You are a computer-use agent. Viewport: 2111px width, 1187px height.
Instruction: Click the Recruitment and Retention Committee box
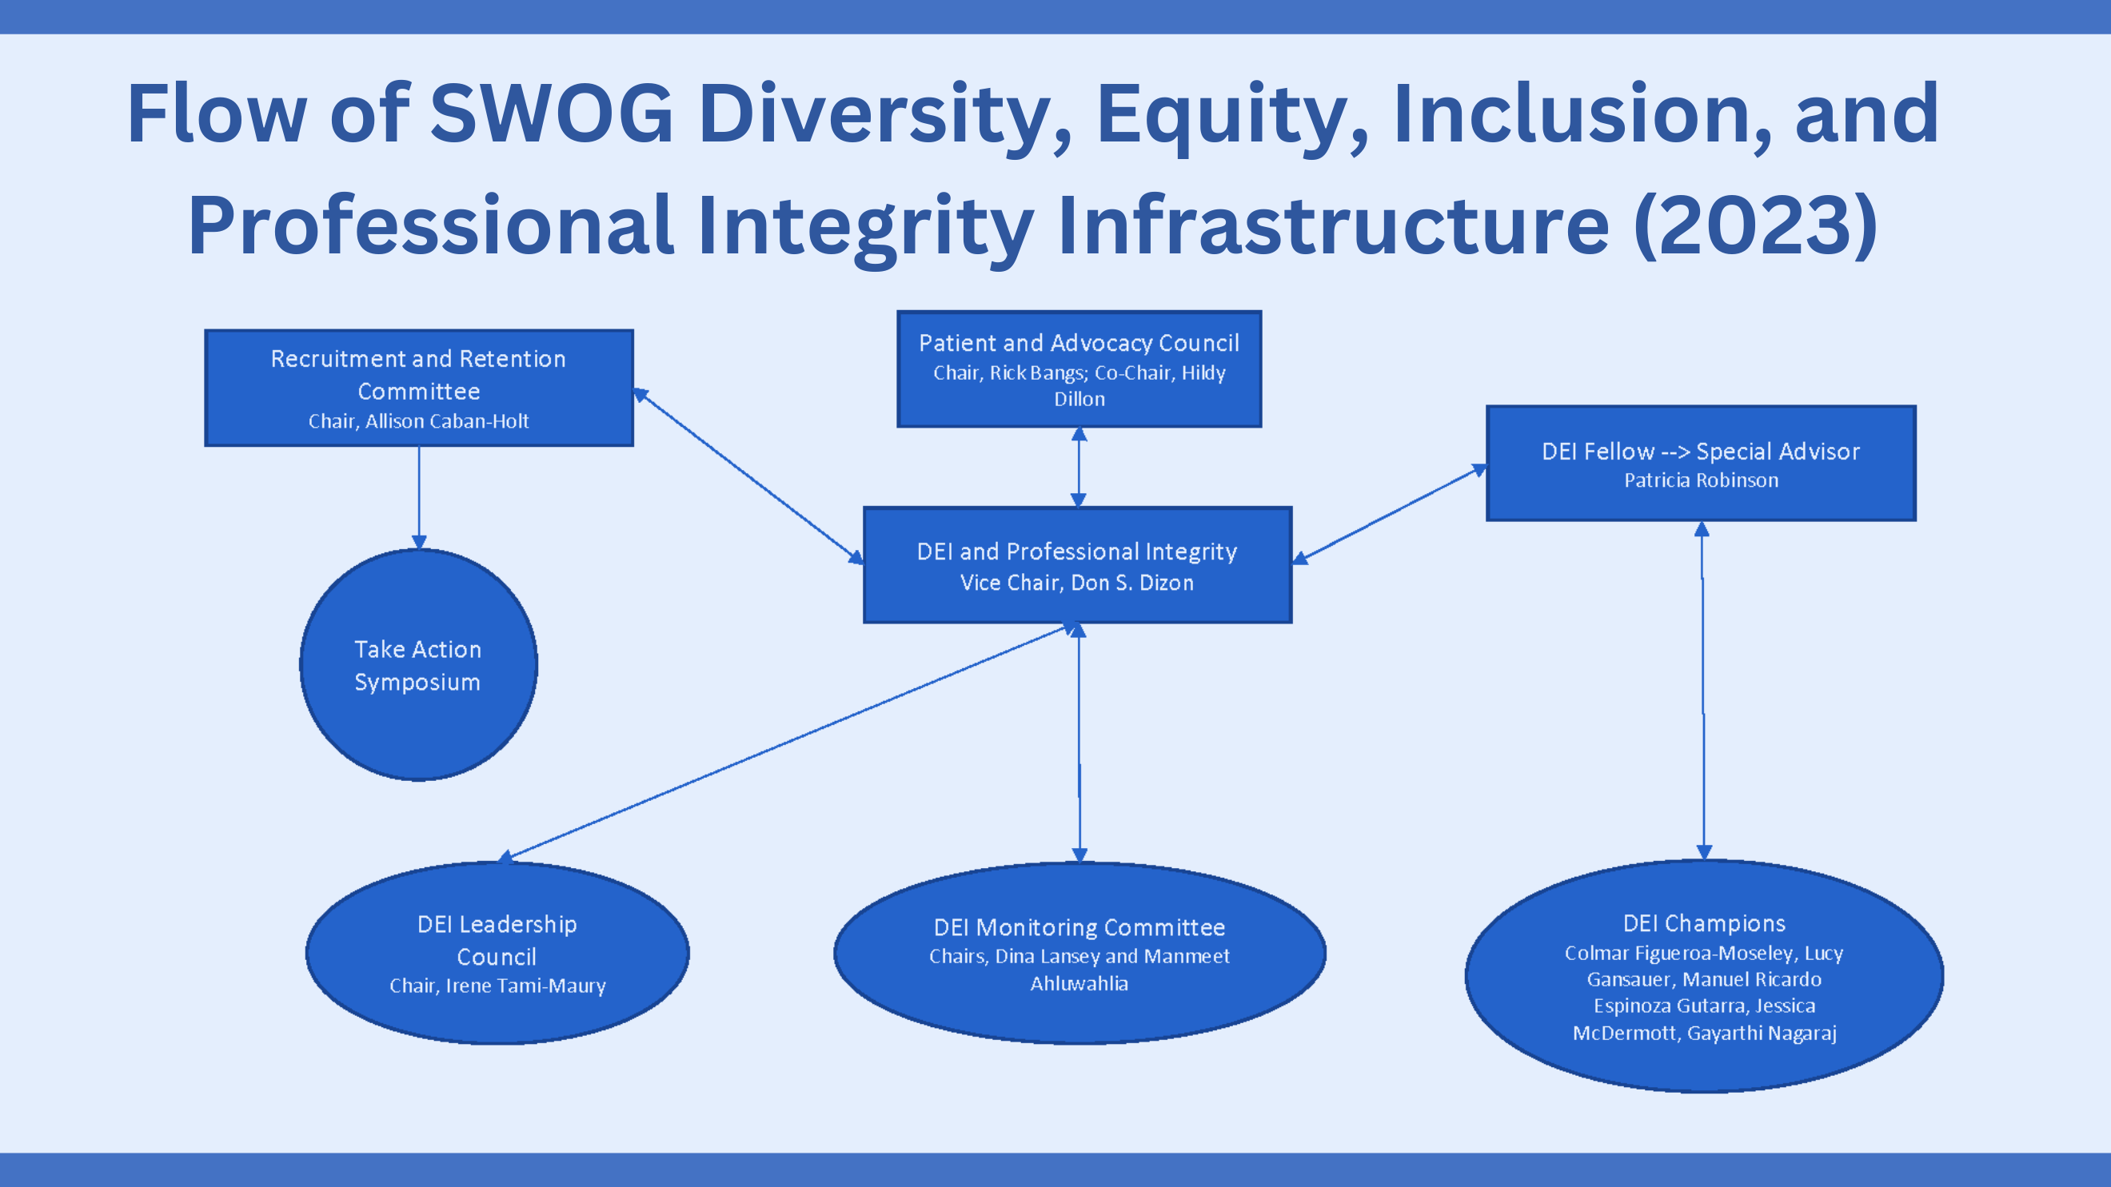tap(419, 388)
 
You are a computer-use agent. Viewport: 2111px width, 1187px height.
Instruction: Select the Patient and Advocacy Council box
tap(1079, 368)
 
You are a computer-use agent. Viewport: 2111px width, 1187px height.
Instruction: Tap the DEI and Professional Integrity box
tap(1078, 565)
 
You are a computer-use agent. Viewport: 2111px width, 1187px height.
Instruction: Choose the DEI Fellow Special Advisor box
tap(1702, 464)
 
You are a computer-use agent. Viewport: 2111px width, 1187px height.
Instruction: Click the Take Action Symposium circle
tap(419, 664)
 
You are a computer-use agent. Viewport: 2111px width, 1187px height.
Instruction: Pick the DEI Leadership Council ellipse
tap(497, 953)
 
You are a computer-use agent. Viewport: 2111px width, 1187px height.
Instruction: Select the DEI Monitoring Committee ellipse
tap(1079, 953)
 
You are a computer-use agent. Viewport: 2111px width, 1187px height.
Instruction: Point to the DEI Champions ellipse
tap(1705, 976)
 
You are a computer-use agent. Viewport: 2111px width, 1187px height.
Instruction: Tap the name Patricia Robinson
tap(1702, 480)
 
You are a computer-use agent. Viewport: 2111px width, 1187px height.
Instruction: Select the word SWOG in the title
tap(552, 114)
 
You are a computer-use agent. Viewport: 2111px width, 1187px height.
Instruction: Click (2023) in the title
tap(1755, 225)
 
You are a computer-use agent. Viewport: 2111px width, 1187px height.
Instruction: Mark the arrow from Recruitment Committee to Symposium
tap(419, 498)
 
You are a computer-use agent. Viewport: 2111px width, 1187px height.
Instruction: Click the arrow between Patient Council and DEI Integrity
tap(1079, 468)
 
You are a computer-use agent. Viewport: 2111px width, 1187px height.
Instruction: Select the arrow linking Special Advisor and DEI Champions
tap(1703, 691)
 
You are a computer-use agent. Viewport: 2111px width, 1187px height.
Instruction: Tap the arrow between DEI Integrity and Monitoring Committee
tap(1079, 743)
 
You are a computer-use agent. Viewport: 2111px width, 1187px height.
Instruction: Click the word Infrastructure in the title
tap(1333, 225)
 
